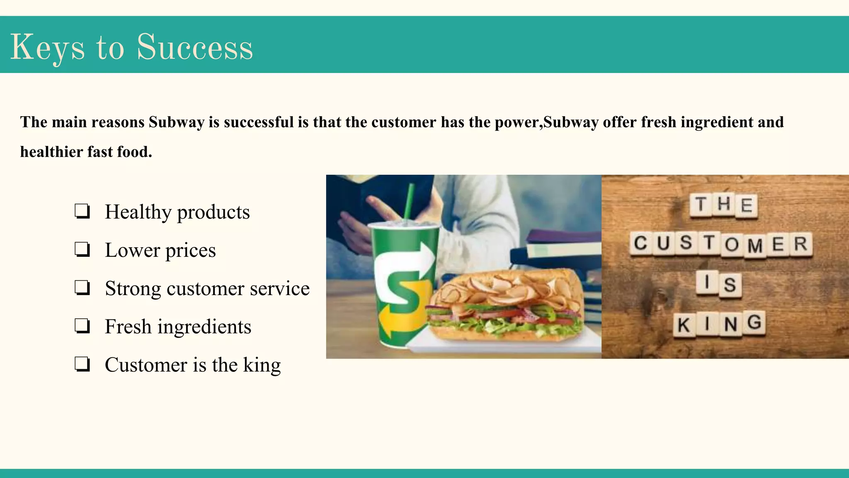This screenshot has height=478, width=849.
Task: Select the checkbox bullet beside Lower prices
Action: pos(82,249)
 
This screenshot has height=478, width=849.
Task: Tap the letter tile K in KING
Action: pos(684,325)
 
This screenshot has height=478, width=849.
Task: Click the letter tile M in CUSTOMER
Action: pos(755,245)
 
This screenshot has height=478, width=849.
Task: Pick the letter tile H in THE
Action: pos(724,204)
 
